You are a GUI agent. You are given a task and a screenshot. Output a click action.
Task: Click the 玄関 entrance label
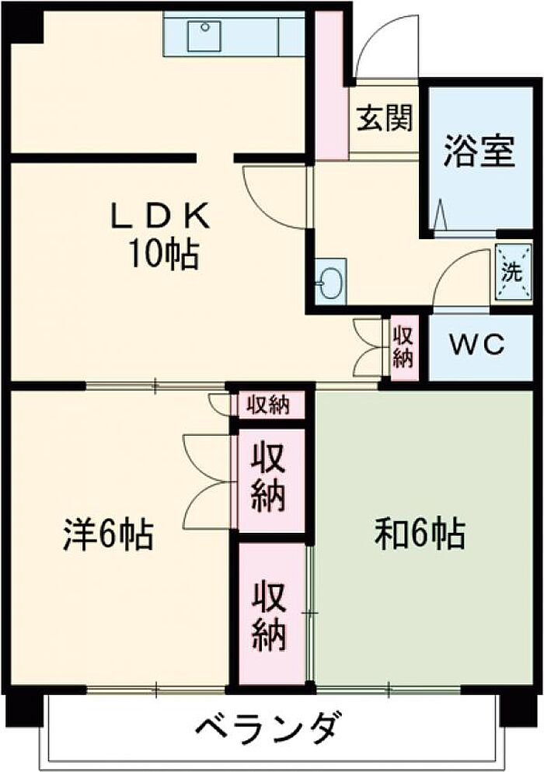(384, 120)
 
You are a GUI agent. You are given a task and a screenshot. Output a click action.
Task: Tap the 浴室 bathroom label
(479, 151)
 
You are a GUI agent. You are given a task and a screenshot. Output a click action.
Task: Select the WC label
(475, 344)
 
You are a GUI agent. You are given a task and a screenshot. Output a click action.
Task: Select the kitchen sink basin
(206, 36)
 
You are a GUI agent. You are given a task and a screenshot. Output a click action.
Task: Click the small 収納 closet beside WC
(403, 347)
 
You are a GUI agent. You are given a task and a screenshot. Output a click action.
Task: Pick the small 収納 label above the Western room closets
(268, 405)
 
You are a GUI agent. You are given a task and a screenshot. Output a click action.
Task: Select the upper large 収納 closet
(269, 480)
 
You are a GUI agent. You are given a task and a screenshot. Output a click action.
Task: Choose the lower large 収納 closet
(269, 614)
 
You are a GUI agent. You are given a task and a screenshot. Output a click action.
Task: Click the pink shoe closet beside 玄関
(331, 85)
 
